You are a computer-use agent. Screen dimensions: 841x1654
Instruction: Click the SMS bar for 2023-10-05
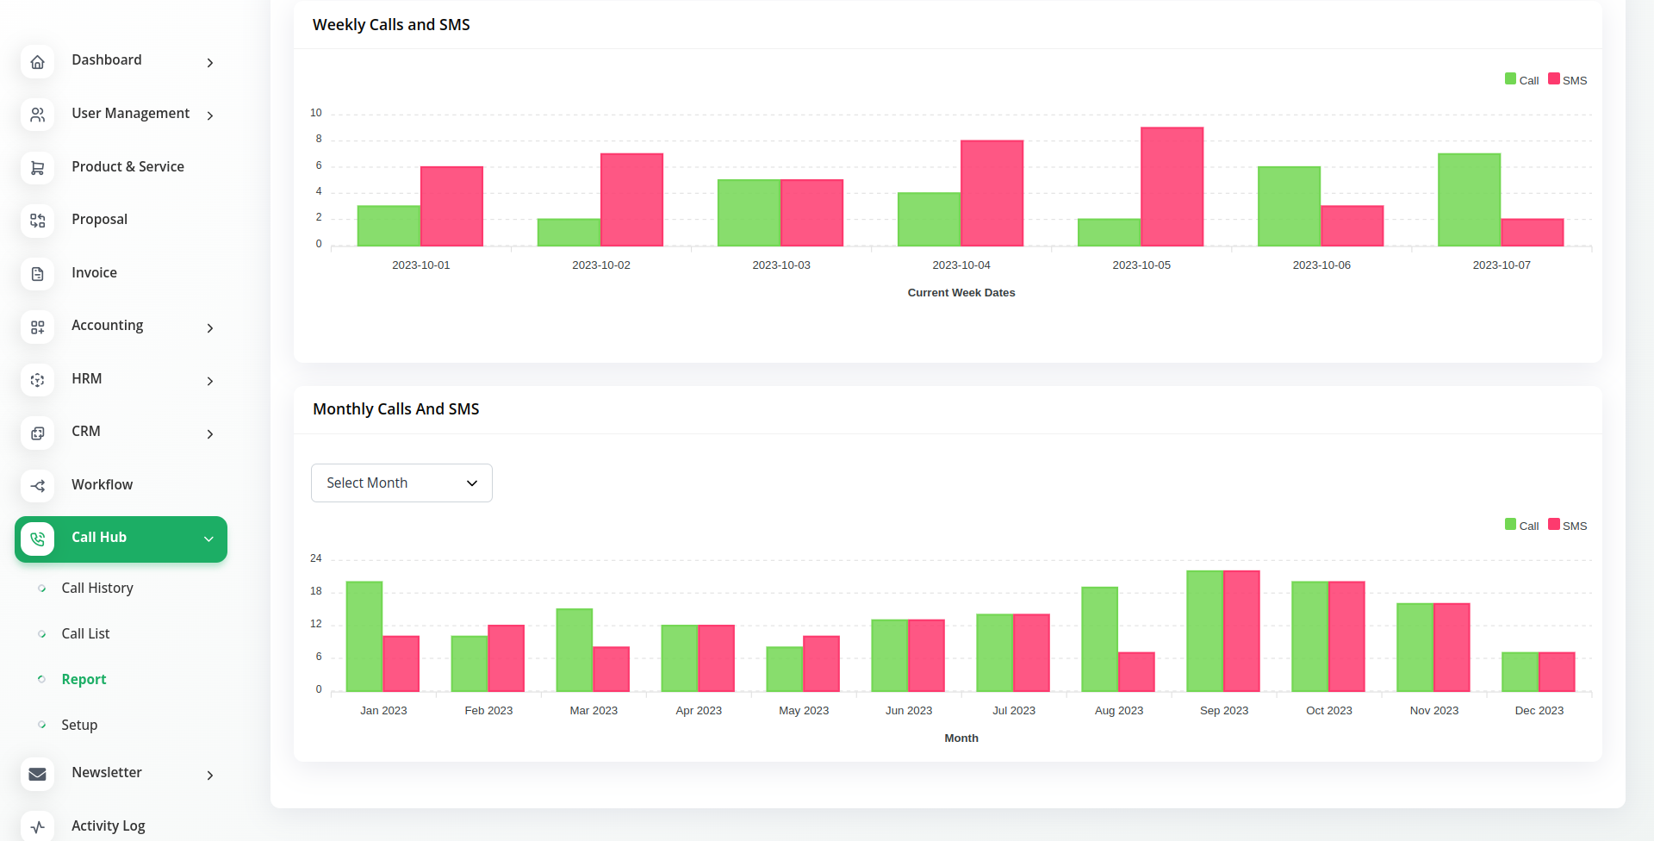(1172, 187)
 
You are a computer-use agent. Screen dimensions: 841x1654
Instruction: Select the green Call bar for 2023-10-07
(1469, 200)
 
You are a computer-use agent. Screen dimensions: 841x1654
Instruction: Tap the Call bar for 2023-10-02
(569, 233)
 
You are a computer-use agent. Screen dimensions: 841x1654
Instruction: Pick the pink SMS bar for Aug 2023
(1136, 672)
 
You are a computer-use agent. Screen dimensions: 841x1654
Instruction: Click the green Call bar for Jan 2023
(364, 637)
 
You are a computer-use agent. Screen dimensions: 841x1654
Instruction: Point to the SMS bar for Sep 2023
(1241, 631)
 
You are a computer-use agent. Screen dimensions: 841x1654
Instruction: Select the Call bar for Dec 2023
(1520, 672)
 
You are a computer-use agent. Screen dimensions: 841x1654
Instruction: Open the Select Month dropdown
(401, 483)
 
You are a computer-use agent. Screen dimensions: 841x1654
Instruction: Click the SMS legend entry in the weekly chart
(1568, 80)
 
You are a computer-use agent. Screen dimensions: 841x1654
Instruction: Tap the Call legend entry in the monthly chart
(1522, 526)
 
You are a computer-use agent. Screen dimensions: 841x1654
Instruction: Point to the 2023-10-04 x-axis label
(961, 265)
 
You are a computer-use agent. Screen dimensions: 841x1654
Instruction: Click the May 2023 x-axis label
(804, 711)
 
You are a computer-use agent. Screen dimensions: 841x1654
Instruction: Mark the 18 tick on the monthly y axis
(316, 591)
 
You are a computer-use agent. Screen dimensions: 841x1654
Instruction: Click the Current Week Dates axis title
(961, 293)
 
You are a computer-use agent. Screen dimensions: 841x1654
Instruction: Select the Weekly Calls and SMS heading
(391, 25)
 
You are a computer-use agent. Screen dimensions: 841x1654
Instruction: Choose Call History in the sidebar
(97, 589)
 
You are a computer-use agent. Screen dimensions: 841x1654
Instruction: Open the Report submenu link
(84, 680)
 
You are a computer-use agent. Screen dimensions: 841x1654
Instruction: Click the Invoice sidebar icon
(38, 274)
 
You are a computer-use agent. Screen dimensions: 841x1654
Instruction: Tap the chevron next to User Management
(210, 115)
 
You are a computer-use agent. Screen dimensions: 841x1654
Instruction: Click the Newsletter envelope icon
(38, 774)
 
